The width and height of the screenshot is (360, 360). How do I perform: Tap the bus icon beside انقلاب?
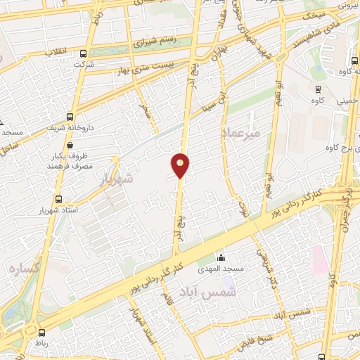84,53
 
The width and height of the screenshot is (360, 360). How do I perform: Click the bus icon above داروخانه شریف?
69,117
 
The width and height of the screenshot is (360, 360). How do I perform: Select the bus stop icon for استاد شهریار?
58,199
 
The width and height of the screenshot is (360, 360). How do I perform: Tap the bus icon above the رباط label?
42,332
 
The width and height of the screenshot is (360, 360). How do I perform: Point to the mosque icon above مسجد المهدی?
221,257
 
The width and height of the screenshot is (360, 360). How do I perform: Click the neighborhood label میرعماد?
240,132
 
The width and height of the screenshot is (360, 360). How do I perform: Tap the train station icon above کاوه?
319,89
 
